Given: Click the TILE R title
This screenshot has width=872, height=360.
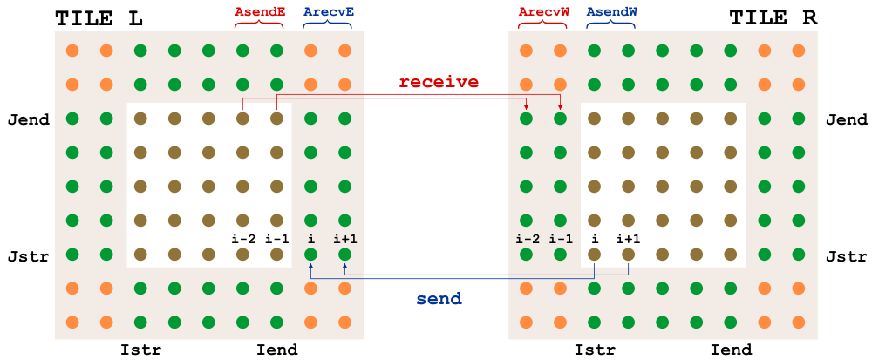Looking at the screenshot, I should (x=773, y=17).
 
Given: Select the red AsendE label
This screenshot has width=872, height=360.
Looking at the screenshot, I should (x=259, y=12).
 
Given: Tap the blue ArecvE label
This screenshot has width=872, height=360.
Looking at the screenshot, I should (x=327, y=12).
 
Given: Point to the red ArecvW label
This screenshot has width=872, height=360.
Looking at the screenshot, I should (x=543, y=12).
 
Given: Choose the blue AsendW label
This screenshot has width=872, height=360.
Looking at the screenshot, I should (x=610, y=12).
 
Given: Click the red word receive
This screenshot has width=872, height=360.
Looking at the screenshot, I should (x=439, y=82).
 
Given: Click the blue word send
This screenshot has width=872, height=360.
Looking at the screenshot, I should (x=439, y=298).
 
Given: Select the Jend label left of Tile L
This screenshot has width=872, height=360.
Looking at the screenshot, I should (x=29, y=119).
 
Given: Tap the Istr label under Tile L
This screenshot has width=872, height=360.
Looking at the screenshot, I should (x=140, y=350).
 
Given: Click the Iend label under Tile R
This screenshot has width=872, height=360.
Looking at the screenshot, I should (x=731, y=350).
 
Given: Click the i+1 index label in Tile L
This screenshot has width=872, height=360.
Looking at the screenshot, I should (x=345, y=239).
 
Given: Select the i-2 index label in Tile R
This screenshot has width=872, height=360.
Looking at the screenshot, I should (x=526, y=239).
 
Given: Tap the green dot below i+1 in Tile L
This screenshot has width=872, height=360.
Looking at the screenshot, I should (x=344, y=255).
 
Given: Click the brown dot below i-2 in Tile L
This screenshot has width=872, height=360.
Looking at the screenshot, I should (x=242, y=255).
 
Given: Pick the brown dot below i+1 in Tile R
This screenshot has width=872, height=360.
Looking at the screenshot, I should (x=628, y=255).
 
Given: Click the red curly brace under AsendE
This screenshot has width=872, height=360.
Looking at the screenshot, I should (x=259, y=27).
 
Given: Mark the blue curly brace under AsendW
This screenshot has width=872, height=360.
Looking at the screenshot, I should (x=610, y=27).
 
